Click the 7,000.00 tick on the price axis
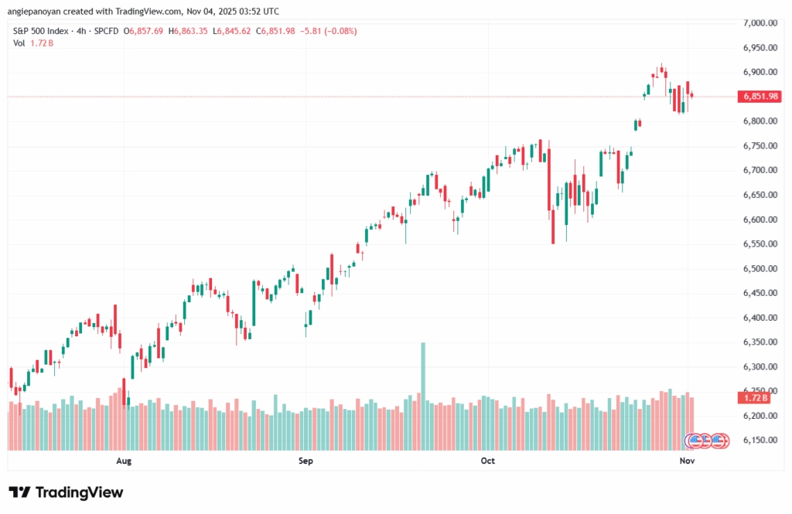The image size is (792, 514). (x=759, y=23)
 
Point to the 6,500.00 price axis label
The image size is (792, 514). (x=759, y=268)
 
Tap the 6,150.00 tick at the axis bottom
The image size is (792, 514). (x=759, y=440)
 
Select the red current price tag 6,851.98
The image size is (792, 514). (x=759, y=97)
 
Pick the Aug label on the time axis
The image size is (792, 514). (x=122, y=461)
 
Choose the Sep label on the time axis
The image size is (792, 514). (x=306, y=461)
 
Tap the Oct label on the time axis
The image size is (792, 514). (x=487, y=461)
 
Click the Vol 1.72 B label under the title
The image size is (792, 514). (x=33, y=43)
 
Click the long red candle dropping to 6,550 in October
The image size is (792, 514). (x=553, y=224)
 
